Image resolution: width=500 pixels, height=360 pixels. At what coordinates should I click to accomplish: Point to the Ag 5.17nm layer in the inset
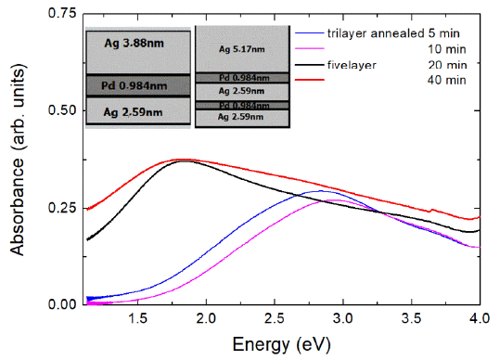click(241, 48)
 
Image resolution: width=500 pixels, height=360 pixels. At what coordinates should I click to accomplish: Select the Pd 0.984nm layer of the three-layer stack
click(137, 85)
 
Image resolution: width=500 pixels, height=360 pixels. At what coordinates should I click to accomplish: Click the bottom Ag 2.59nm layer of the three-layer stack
click(137, 112)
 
